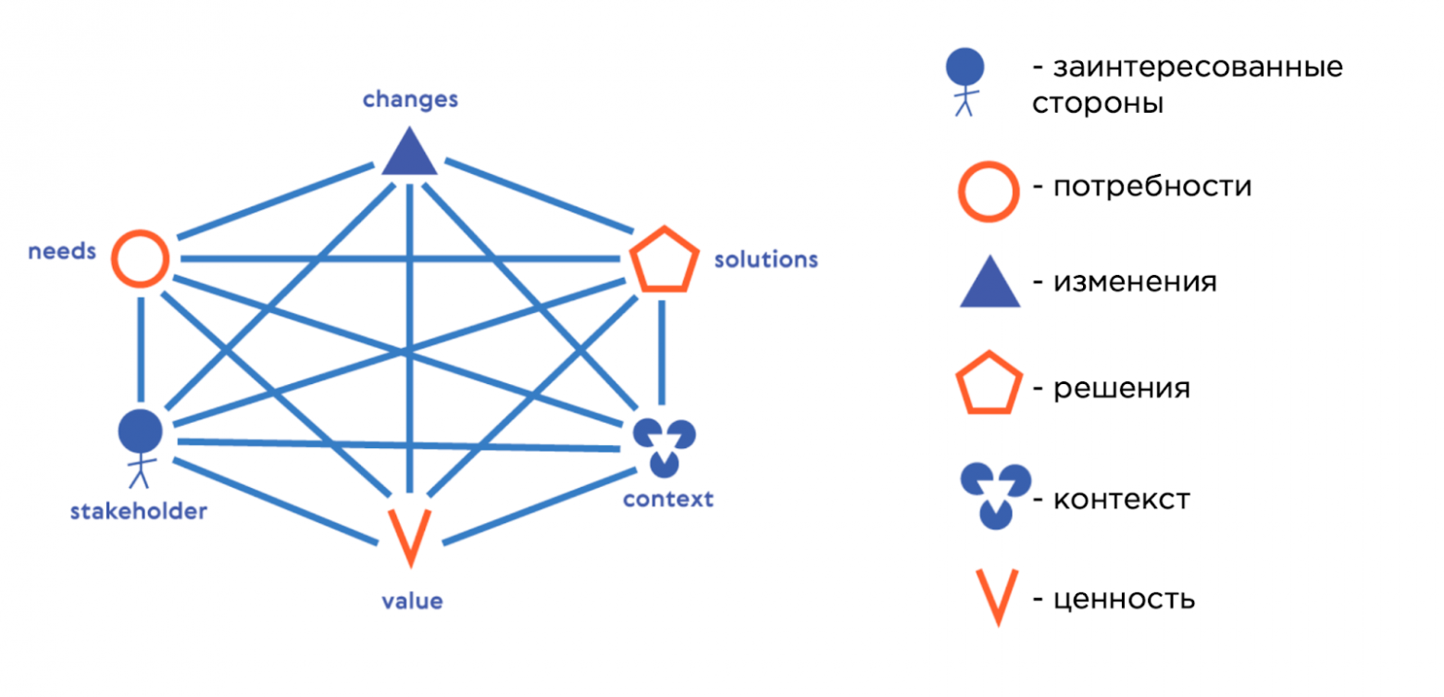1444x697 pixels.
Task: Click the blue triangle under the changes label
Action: click(409, 154)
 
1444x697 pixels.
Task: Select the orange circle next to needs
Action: click(140, 257)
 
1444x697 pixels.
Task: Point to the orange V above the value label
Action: click(407, 536)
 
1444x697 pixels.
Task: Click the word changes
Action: click(410, 99)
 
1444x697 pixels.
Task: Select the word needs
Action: click(62, 251)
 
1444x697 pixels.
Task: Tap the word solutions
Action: click(766, 259)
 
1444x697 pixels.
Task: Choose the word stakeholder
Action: click(138, 511)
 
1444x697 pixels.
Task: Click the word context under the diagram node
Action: click(667, 500)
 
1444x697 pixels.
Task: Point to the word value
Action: click(412, 602)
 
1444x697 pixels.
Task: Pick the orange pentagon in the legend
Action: click(989, 382)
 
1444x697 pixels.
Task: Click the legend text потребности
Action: click(1152, 187)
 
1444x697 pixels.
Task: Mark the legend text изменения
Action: click(1134, 281)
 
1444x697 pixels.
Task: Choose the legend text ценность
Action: click(1123, 599)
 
